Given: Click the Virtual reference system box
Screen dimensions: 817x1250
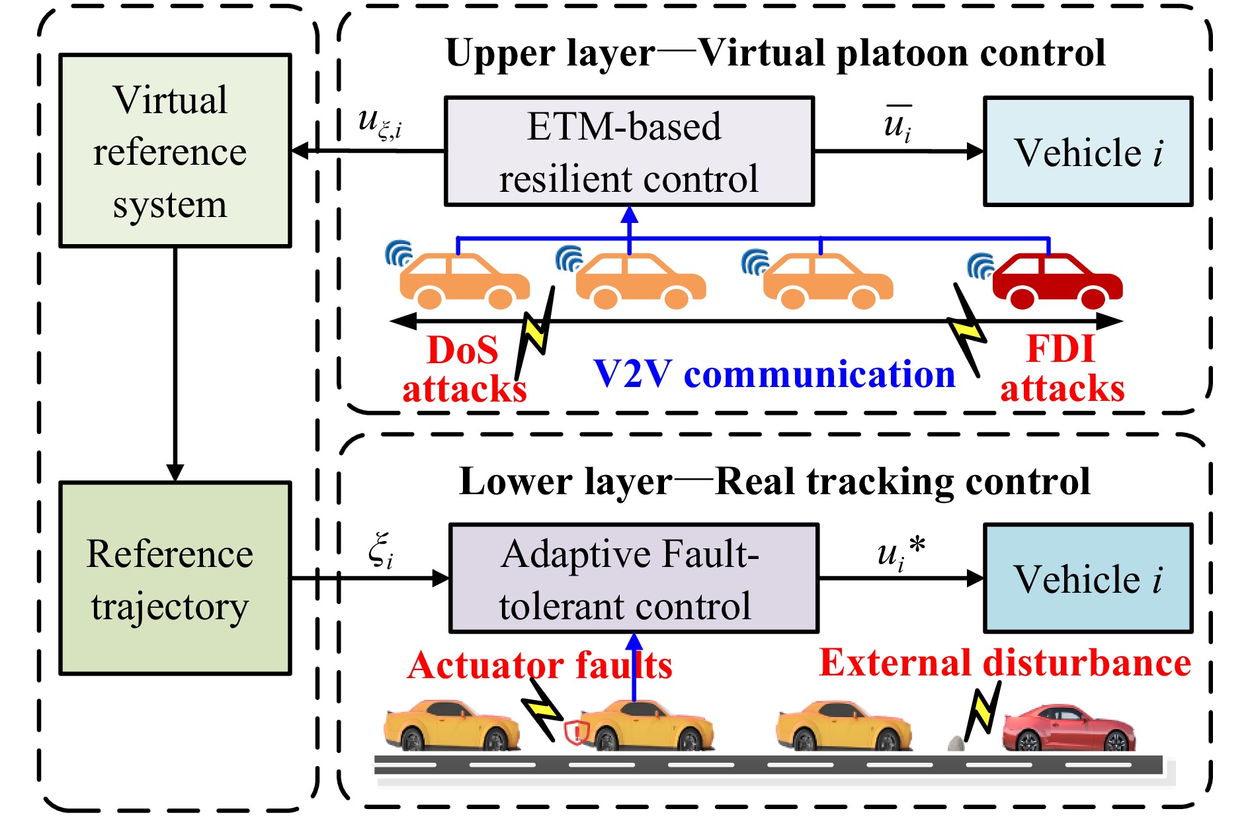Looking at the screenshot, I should coord(175,151).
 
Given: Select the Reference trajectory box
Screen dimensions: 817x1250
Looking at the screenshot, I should coord(175,578).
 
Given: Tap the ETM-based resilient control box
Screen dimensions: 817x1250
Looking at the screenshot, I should coord(629,151).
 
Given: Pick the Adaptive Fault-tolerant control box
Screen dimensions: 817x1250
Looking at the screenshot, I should coord(634,578).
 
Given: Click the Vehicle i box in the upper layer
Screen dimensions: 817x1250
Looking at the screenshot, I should coord(1088,151).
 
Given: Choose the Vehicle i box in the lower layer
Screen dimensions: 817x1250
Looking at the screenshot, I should coord(1088,578).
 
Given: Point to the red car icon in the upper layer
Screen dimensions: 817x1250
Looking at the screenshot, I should coord(1057,281).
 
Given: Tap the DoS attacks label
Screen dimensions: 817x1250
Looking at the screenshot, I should coord(464,369).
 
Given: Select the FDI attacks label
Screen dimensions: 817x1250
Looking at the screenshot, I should coord(1062,368).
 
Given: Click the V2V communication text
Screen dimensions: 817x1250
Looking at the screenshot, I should coord(774,374).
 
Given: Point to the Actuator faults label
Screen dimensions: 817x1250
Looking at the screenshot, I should coord(539,665).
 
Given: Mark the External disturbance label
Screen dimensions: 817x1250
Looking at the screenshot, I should coord(1005,662).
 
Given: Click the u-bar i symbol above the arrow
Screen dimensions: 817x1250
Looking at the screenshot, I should coord(897,124).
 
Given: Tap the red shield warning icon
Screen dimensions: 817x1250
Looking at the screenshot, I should coord(577,732).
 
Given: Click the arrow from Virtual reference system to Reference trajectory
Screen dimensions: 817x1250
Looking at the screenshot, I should coord(175,364).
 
